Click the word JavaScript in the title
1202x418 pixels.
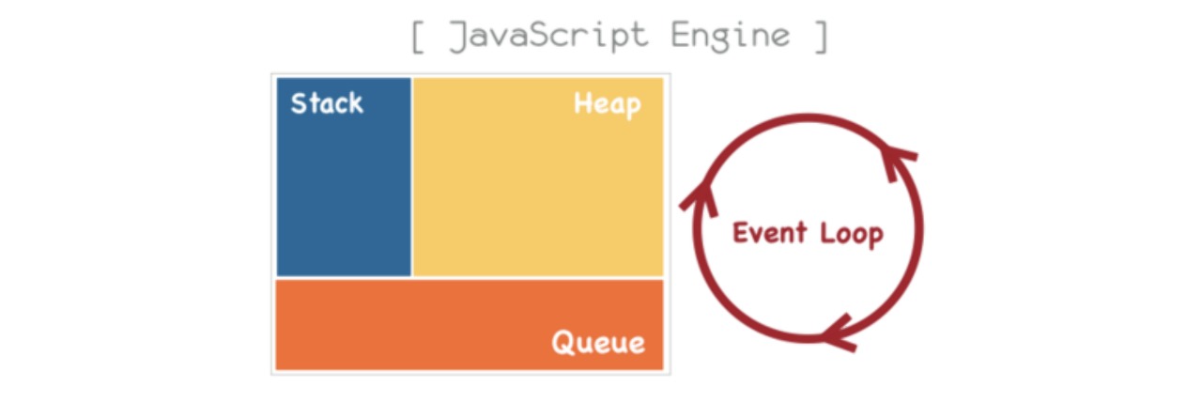click(548, 37)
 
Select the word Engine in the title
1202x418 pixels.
click(731, 37)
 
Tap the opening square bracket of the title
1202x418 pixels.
click(418, 37)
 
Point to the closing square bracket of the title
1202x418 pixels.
click(821, 37)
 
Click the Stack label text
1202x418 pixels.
click(327, 103)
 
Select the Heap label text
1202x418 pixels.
click(608, 104)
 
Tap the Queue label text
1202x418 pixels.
click(598, 342)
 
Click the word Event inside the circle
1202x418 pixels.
click(769, 233)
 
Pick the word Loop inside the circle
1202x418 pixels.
click(852, 235)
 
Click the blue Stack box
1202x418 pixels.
click(344, 178)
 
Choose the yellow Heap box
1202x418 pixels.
click(538, 178)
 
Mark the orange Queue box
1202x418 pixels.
click(470, 325)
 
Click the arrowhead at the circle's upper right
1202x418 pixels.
click(895, 160)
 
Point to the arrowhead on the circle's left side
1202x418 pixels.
click(700, 198)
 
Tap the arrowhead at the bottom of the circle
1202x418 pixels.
click(839, 333)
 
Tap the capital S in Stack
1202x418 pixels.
click(299, 103)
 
